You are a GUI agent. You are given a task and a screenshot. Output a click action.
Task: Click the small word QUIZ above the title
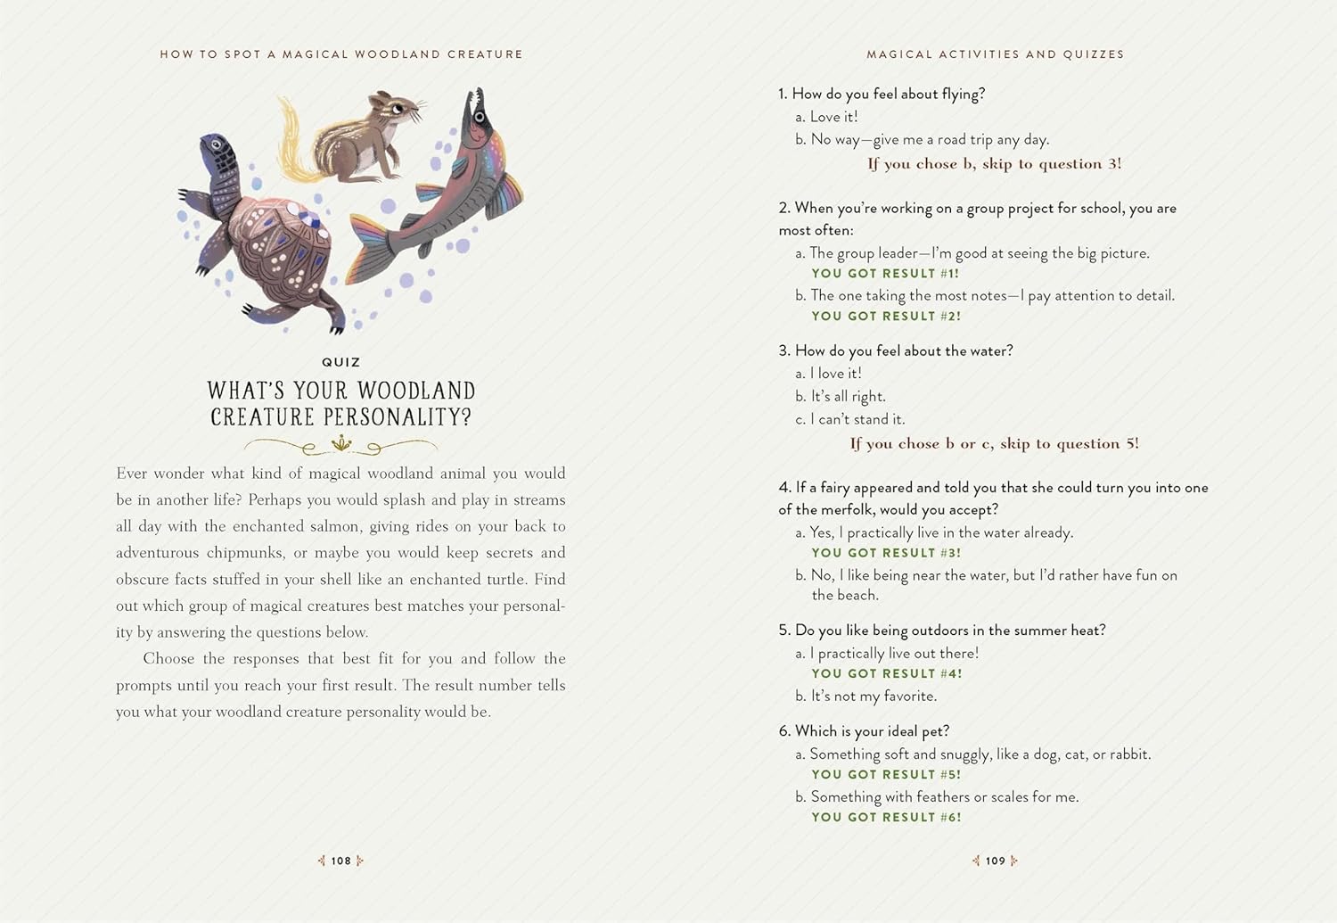(x=341, y=362)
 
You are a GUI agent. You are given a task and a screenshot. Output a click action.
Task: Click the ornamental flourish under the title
(x=341, y=443)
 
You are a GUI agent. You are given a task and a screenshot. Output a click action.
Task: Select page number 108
(x=341, y=861)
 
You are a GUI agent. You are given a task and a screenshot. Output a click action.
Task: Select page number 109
(x=996, y=861)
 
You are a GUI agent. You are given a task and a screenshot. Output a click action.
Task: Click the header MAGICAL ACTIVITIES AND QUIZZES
(x=996, y=54)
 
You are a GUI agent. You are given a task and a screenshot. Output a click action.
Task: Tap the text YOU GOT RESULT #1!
(x=885, y=274)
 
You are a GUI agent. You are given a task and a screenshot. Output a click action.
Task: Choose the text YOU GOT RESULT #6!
(x=886, y=817)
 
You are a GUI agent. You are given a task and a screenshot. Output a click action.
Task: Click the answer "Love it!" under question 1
(x=833, y=117)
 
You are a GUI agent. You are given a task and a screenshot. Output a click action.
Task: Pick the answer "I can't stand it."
(x=857, y=419)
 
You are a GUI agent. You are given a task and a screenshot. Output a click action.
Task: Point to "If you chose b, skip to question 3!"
(x=994, y=164)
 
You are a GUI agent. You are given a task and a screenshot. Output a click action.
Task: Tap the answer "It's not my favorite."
(x=873, y=696)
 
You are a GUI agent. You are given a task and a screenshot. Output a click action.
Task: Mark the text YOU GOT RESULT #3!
(x=886, y=553)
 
